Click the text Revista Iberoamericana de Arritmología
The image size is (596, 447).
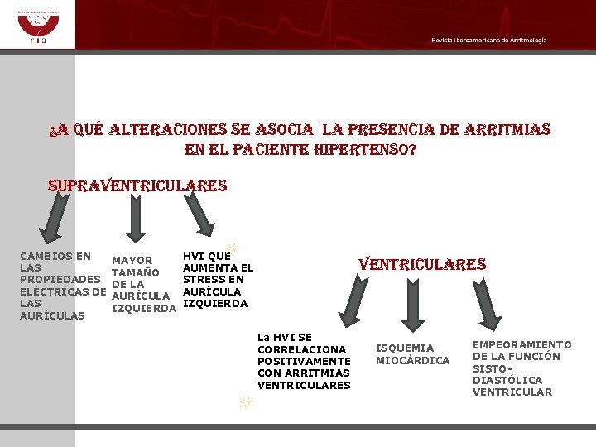point(488,41)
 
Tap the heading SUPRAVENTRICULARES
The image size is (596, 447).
point(137,185)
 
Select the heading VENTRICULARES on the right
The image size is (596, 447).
point(421,264)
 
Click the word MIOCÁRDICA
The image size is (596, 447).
point(412,360)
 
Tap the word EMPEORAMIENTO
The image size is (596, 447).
point(521,344)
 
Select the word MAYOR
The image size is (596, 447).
point(132,262)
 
